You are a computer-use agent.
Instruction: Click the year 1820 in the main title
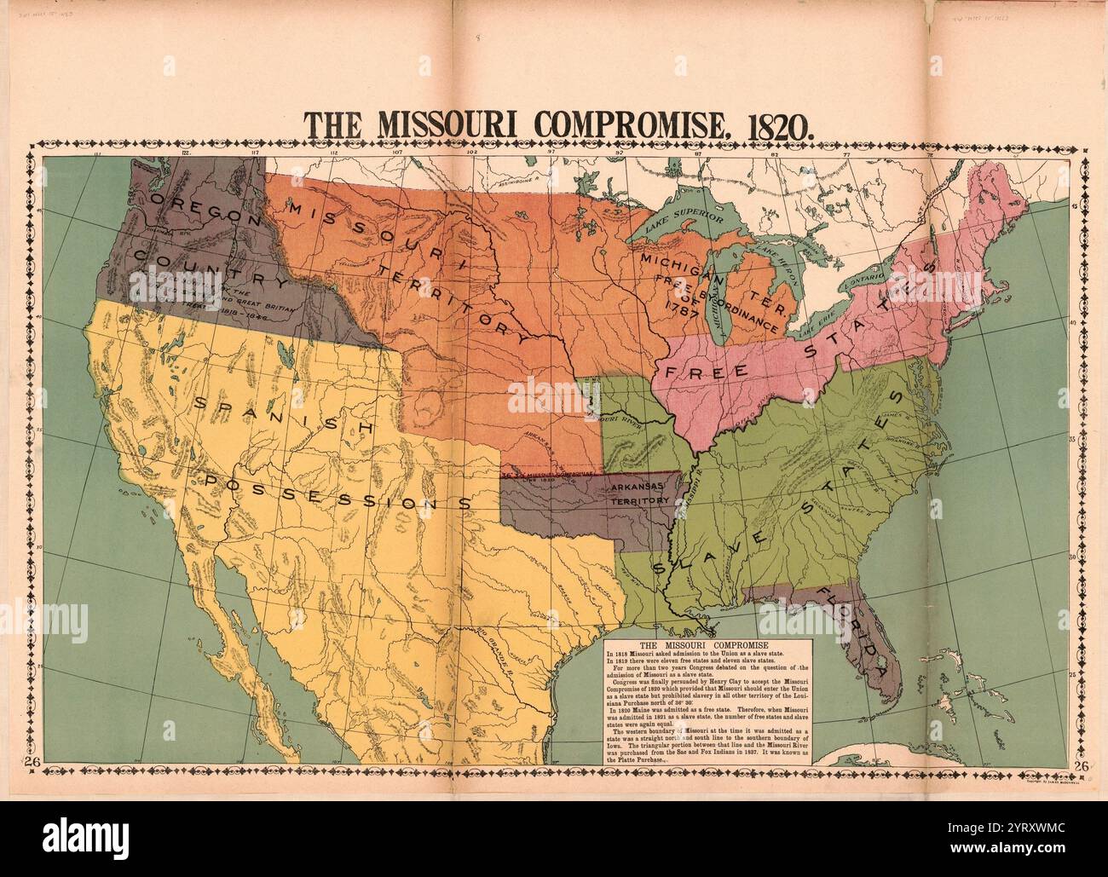[775, 124]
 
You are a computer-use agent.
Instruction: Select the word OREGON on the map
[203, 209]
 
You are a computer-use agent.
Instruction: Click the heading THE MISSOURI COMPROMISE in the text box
[704, 647]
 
